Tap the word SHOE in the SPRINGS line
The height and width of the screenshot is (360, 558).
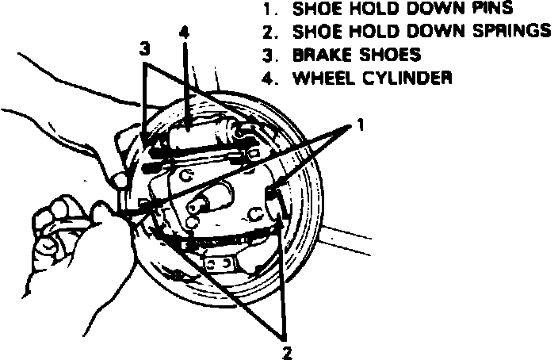316,33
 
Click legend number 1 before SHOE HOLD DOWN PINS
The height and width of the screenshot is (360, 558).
267,10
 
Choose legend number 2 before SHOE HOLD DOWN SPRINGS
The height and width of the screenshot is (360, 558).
267,33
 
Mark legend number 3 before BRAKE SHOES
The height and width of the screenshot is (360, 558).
267,56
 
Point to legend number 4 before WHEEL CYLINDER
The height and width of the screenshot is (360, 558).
267,78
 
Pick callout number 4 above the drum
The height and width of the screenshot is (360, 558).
185,33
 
